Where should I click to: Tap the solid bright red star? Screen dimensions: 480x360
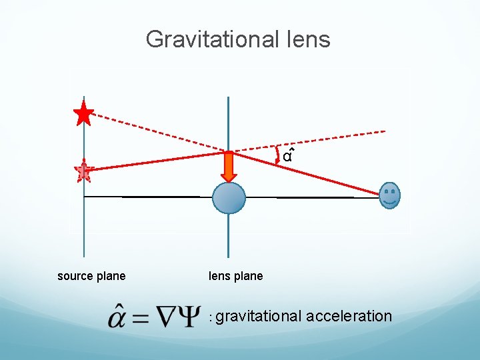click(83, 114)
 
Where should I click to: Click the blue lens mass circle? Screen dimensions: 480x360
click(229, 197)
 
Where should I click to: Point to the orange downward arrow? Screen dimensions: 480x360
click(229, 166)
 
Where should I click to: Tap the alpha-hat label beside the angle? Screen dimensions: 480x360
click(287, 157)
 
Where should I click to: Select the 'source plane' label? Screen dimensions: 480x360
click(91, 276)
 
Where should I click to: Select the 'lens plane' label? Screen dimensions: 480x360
click(236, 276)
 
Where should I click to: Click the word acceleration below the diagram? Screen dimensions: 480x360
click(349, 316)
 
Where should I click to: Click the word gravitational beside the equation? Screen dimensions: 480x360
click(259, 316)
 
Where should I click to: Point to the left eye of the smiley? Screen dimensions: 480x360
click(387, 192)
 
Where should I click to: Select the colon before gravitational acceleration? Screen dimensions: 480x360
click(211, 318)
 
